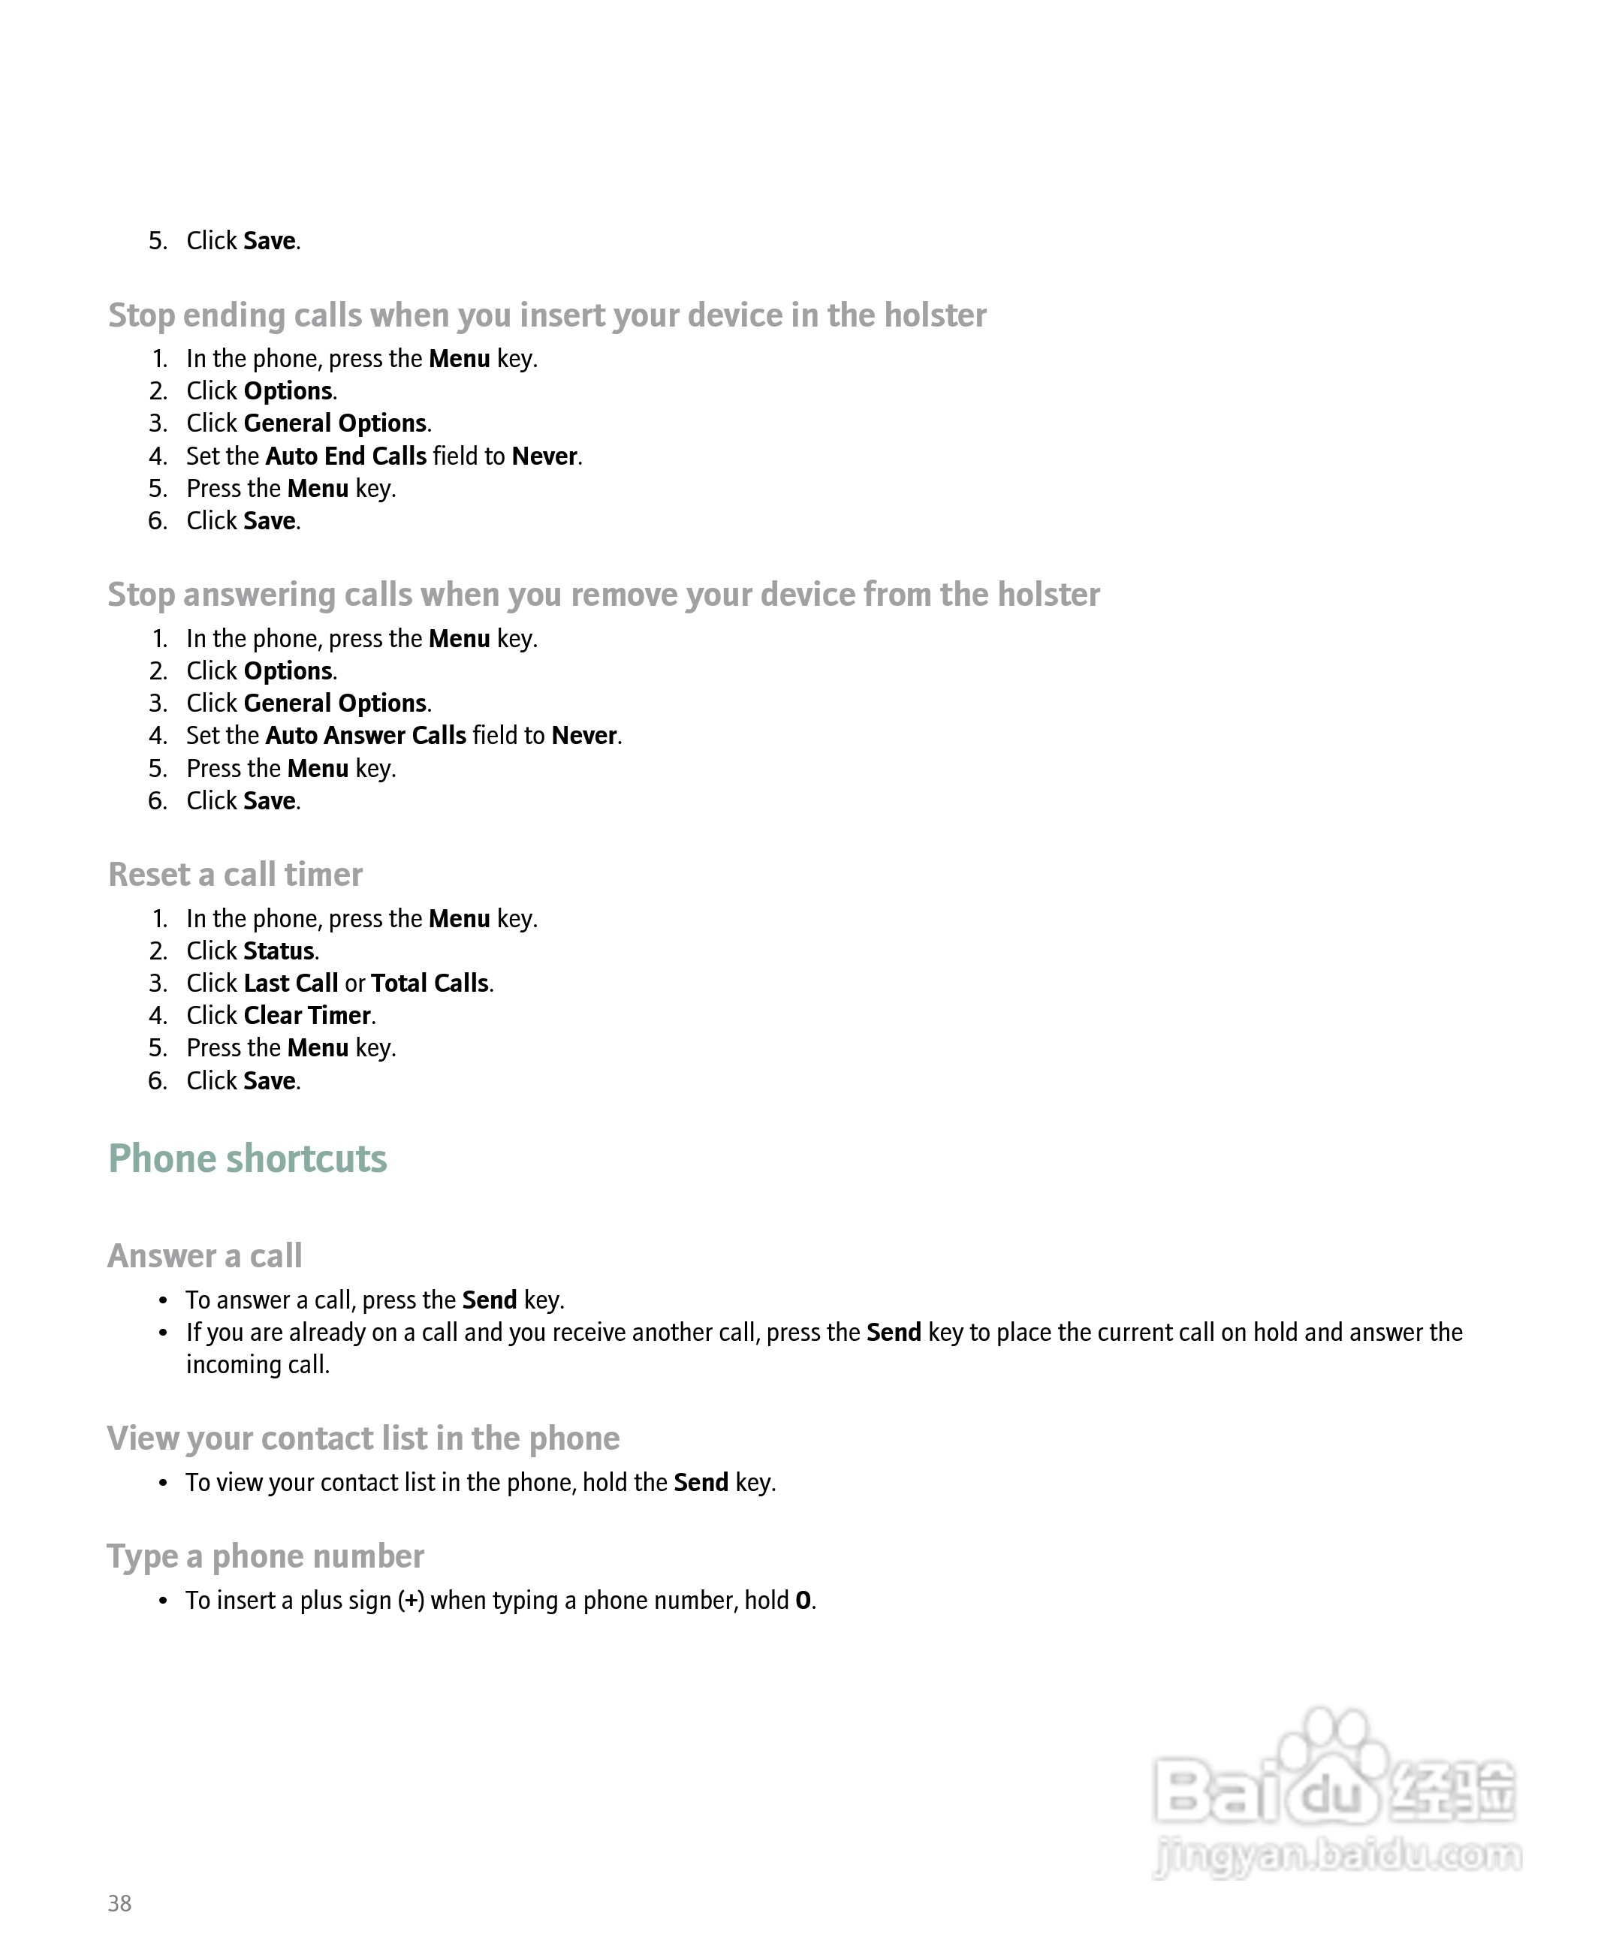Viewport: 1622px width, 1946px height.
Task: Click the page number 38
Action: click(119, 1902)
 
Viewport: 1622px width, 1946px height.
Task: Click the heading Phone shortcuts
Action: click(248, 1158)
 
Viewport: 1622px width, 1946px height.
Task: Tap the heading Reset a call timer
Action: click(236, 874)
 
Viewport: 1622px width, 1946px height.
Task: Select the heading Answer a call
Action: click(205, 1255)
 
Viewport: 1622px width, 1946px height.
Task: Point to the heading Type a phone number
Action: click(265, 1556)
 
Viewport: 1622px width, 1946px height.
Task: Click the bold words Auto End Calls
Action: click(345, 456)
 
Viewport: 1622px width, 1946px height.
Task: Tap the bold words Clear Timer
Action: click(307, 1016)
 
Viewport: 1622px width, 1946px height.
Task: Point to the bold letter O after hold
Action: click(803, 1601)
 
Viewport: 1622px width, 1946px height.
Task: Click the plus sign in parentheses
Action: click(411, 1601)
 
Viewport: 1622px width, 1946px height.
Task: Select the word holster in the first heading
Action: click(934, 315)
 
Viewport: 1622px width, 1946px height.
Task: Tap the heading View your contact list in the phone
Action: click(363, 1438)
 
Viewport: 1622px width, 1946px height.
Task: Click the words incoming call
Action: click(258, 1365)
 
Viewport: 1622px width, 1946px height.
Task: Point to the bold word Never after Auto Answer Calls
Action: click(584, 736)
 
